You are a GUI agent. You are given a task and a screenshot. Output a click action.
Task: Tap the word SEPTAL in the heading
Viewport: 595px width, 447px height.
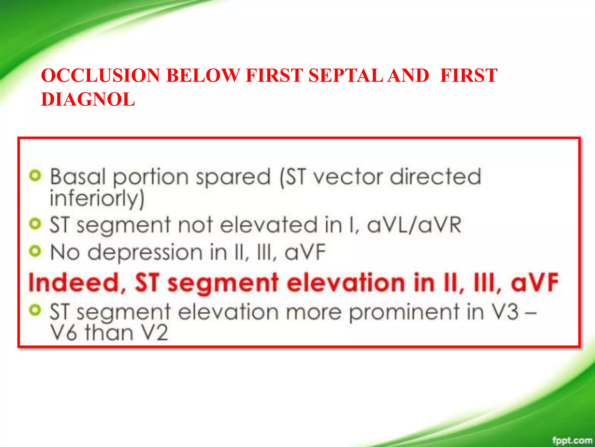pyautogui.click(x=345, y=75)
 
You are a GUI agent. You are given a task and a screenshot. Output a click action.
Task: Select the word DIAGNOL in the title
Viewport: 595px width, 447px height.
pyautogui.click(x=88, y=99)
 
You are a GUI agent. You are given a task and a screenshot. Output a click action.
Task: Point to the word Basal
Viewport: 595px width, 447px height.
pyautogui.click(x=78, y=177)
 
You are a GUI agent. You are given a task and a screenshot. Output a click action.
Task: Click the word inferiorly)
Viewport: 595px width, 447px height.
pyautogui.click(x=97, y=199)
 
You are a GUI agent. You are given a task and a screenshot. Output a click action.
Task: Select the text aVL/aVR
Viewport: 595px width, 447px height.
pyautogui.click(x=414, y=225)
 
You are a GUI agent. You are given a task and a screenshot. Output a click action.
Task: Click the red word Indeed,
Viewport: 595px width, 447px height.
pyautogui.click(x=77, y=283)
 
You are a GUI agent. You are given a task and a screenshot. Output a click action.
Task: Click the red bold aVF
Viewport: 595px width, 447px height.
pyautogui.click(x=534, y=283)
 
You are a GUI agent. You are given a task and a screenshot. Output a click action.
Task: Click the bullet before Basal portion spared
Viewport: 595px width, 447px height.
pyautogui.click(x=35, y=176)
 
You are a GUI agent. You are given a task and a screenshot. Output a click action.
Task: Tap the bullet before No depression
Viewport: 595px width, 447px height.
pyautogui.click(x=35, y=251)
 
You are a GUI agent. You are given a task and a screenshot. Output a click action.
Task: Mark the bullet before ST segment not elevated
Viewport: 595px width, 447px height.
pyautogui.click(x=35, y=224)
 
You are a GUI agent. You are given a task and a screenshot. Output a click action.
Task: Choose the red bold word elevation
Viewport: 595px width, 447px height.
pyautogui.click(x=346, y=283)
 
